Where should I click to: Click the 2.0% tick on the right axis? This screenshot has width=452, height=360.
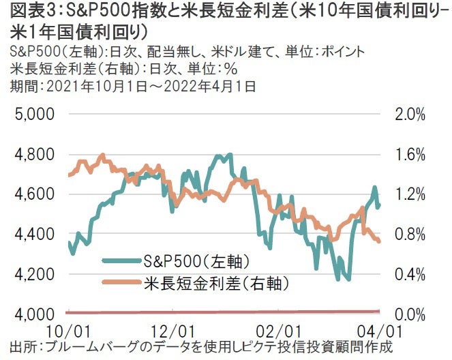pyautogui.click(x=410, y=114)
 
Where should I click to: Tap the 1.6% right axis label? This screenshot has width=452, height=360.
pyautogui.click(x=410, y=154)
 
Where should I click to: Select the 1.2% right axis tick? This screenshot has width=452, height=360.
pyautogui.click(x=410, y=194)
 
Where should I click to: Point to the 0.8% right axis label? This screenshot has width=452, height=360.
pyautogui.click(x=410, y=235)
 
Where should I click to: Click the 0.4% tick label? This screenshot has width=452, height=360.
pyautogui.click(x=410, y=274)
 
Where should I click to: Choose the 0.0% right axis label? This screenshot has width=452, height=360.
pyautogui.click(x=410, y=314)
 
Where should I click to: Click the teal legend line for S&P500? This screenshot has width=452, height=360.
pyautogui.click(x=122, y=260)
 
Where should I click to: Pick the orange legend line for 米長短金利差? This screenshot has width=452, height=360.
pyautogui.click(x=122, y=281)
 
